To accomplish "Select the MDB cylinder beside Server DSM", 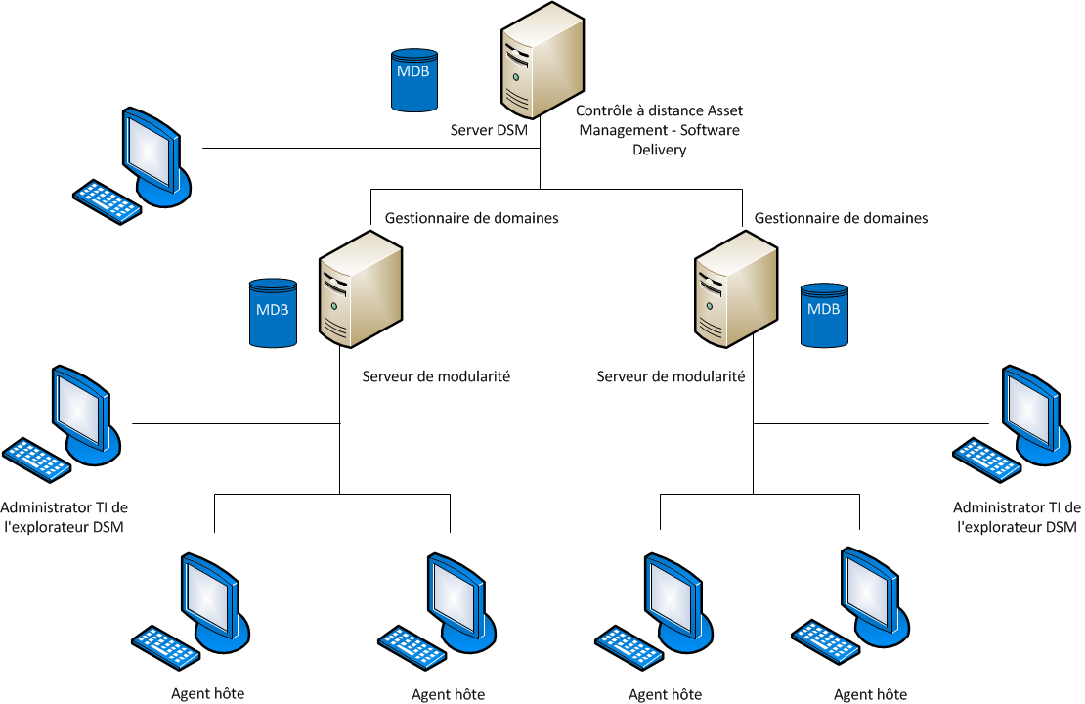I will point(412,80).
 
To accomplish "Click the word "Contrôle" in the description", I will point(604,111).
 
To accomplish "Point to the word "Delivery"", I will point(659,150).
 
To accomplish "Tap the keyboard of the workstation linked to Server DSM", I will point(108,201).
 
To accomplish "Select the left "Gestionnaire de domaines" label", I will point(472,218).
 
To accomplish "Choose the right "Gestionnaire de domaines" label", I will point(841,218).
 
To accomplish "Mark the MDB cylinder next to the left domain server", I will point(272,313).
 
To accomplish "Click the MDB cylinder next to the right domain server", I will point(823,316).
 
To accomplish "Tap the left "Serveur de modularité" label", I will point(436,376).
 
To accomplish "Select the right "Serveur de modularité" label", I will point(671,376).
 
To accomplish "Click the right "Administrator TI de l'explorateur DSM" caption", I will point(1017,517).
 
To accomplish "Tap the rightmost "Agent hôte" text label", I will point(870,694).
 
